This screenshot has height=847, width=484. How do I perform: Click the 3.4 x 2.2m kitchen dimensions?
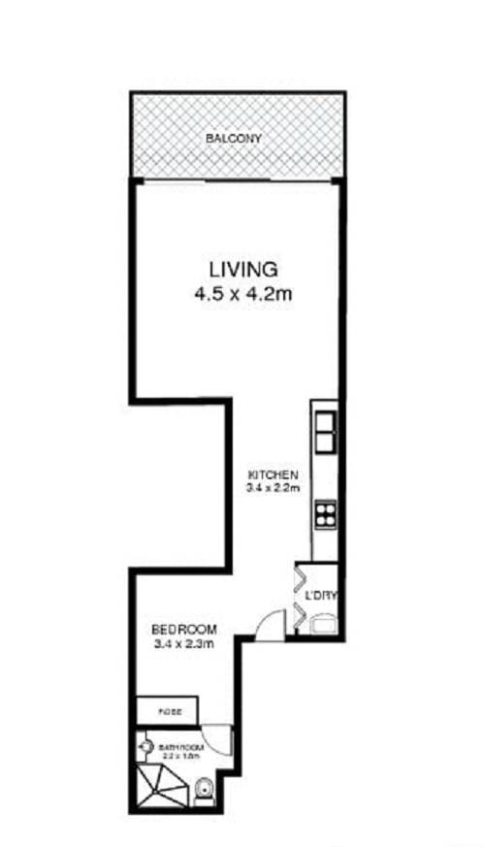point(273,489)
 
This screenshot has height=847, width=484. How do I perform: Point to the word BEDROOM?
point(183,628)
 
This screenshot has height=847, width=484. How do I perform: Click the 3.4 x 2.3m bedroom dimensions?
point(183,643)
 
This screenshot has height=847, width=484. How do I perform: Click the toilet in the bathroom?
point(203,792)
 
